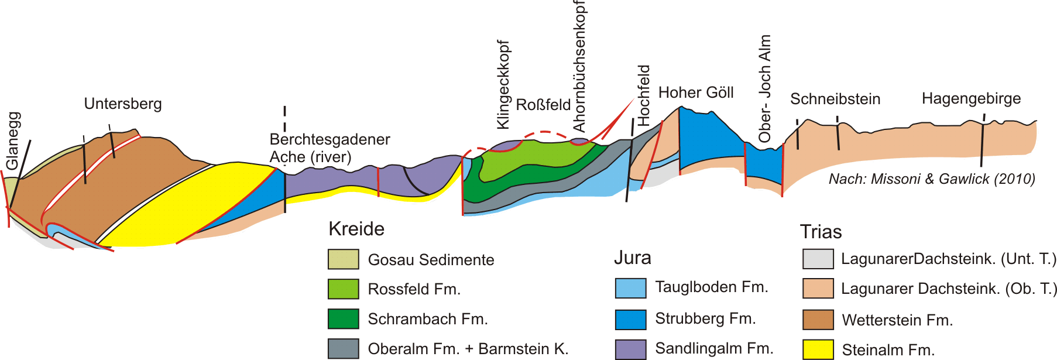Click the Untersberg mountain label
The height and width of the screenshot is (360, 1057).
click(123, 104)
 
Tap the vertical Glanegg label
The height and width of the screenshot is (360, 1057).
click(13, 140)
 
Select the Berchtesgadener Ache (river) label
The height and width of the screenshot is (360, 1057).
click(330, 148)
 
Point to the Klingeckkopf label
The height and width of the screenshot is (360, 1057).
click(503, 85)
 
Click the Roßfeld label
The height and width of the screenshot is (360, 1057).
click(543, 105)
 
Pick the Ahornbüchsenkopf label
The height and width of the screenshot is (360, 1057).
click(579, 66)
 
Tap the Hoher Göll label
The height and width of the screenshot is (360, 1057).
click(696, 92)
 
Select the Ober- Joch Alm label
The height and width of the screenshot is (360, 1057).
click(765, 88)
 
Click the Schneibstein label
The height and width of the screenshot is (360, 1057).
click(835, 99)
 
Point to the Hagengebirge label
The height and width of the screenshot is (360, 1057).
click(971, 98)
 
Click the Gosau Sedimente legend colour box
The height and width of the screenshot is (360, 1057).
click(343, 259)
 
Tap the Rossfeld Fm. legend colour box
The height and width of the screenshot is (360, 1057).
click(343, 289)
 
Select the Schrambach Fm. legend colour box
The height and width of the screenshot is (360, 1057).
click(343, 319)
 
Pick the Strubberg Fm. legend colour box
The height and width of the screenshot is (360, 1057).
click(630, 319)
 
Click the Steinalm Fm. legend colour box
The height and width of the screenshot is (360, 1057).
click(818, 349)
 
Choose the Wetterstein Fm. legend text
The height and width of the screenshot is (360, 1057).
click(897, 320)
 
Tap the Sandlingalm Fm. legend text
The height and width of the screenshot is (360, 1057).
click(714, 348)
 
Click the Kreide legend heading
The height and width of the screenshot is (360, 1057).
click(356, 229)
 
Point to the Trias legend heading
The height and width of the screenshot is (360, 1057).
click(821, 232)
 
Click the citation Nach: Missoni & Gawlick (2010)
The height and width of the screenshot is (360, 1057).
click(932, 179)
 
